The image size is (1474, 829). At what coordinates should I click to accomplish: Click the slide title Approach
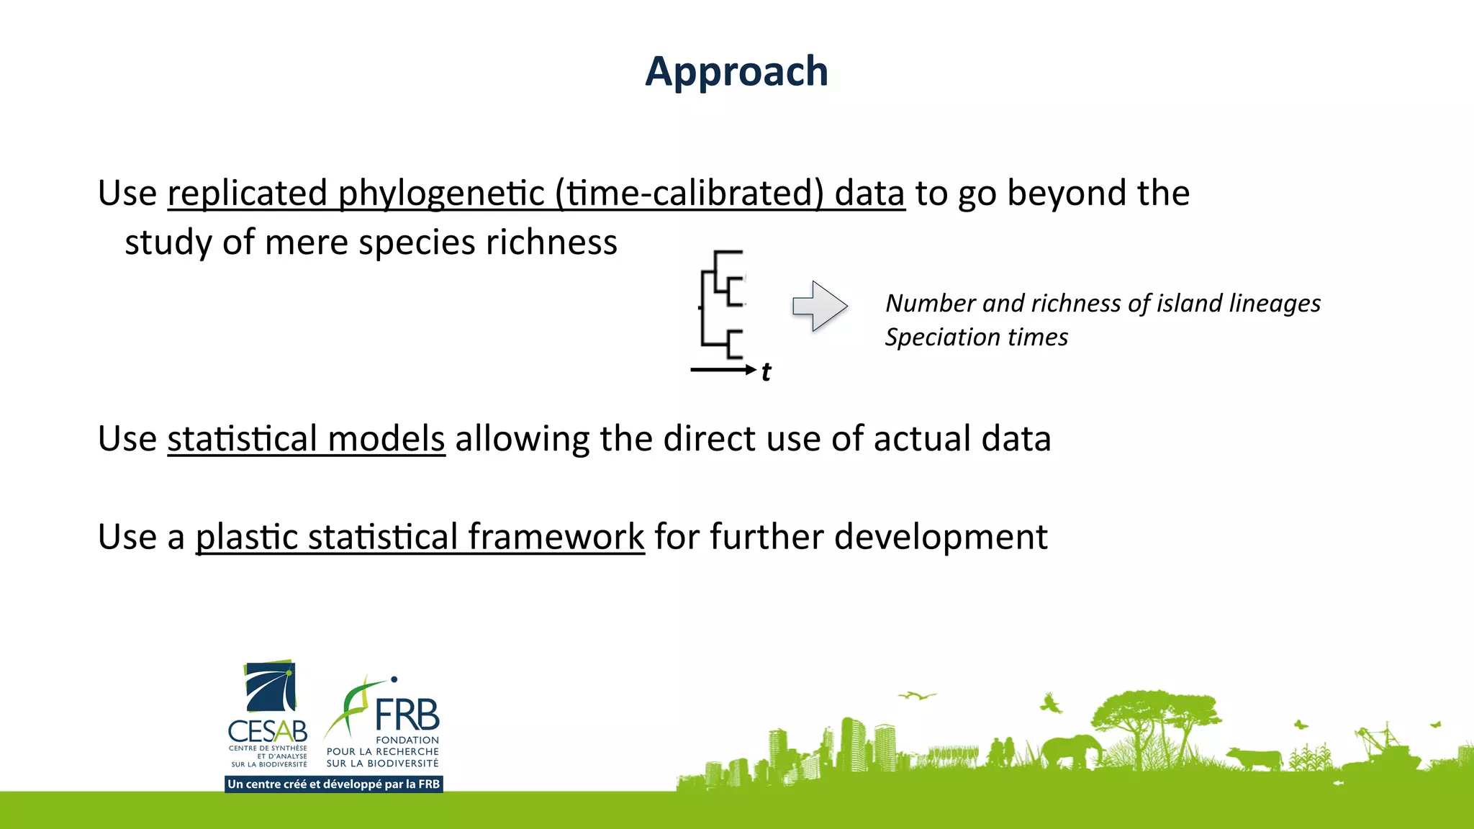coord(736,71)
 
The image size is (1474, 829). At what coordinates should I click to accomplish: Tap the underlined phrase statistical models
coord(306,439)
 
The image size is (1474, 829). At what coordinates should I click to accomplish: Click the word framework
coord(556,537)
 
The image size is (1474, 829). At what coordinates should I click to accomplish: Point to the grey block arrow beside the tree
coord(820,306)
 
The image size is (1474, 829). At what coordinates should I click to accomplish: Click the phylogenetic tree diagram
coord(722,304)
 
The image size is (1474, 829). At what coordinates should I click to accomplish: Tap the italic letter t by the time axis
coord(766,372)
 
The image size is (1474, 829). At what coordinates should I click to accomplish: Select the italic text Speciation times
coord(976,338)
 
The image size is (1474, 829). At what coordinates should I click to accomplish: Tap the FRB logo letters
coord(407,715)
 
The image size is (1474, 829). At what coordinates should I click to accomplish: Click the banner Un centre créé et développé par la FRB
coord(333,784)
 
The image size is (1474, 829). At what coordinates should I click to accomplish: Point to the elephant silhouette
coord(1071,751)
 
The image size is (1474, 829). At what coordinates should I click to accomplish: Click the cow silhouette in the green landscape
coord(1255,758)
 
